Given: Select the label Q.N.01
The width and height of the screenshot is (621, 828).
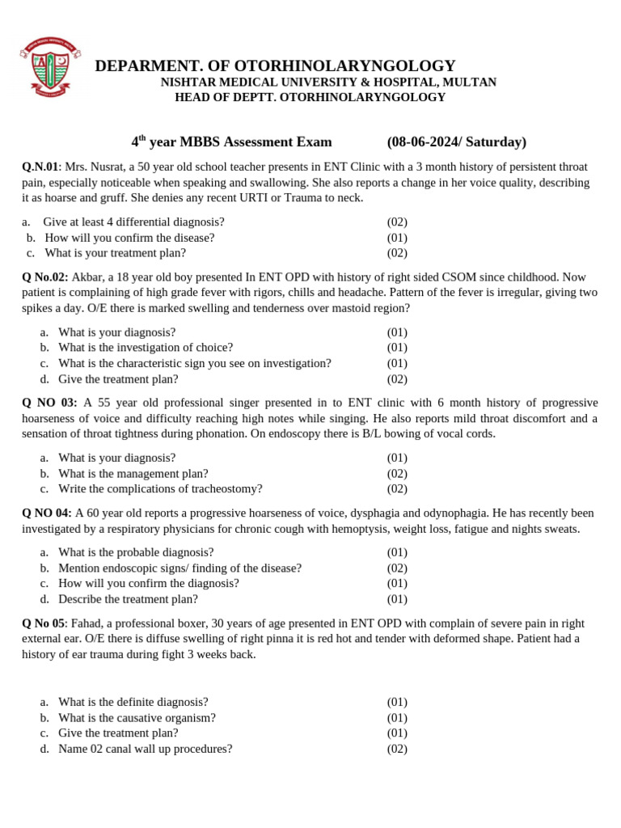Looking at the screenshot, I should pyautogui.click(x=40, y=167).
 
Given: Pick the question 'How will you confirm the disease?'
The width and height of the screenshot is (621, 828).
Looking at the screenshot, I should pyautogui.click(x=129, y=238).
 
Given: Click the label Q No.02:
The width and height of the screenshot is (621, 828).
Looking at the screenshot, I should pyautogui.click(x=45, y=277).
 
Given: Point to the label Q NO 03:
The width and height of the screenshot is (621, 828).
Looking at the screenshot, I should pyautogui.click(x=49, y=403).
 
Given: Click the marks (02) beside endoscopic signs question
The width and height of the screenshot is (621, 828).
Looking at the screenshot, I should pyautogui.click(x=397, y=568).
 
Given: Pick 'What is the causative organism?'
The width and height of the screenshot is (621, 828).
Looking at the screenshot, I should pyautogui.click(x=137, y=717).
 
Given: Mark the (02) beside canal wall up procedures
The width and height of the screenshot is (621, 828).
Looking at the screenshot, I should pyautogui.click(x=397, y=749).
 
